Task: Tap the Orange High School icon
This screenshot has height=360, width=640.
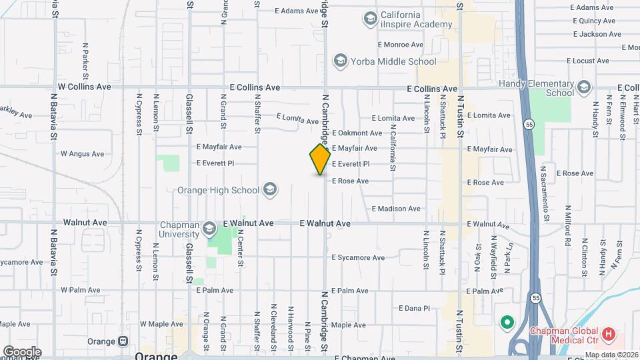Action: [x=270, y=190]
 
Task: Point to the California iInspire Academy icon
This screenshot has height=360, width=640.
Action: [x=369, y=19]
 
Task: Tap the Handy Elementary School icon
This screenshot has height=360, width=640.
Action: [x=585, y=87]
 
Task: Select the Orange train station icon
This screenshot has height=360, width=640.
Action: [x=123, y=341]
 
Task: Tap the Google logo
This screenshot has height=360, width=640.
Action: [x=22, y=351]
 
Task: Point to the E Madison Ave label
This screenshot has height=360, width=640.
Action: [x=396, y=209]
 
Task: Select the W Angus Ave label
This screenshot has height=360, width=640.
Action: [x=82, y=153]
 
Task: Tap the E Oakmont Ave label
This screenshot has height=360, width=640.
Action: [x=357, y=133]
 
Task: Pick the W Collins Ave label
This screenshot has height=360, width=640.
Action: [x=84, y=87]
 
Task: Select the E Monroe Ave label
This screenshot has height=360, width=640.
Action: [x=400, y=45]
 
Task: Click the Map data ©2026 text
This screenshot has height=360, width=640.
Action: [x=611, y=355]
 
